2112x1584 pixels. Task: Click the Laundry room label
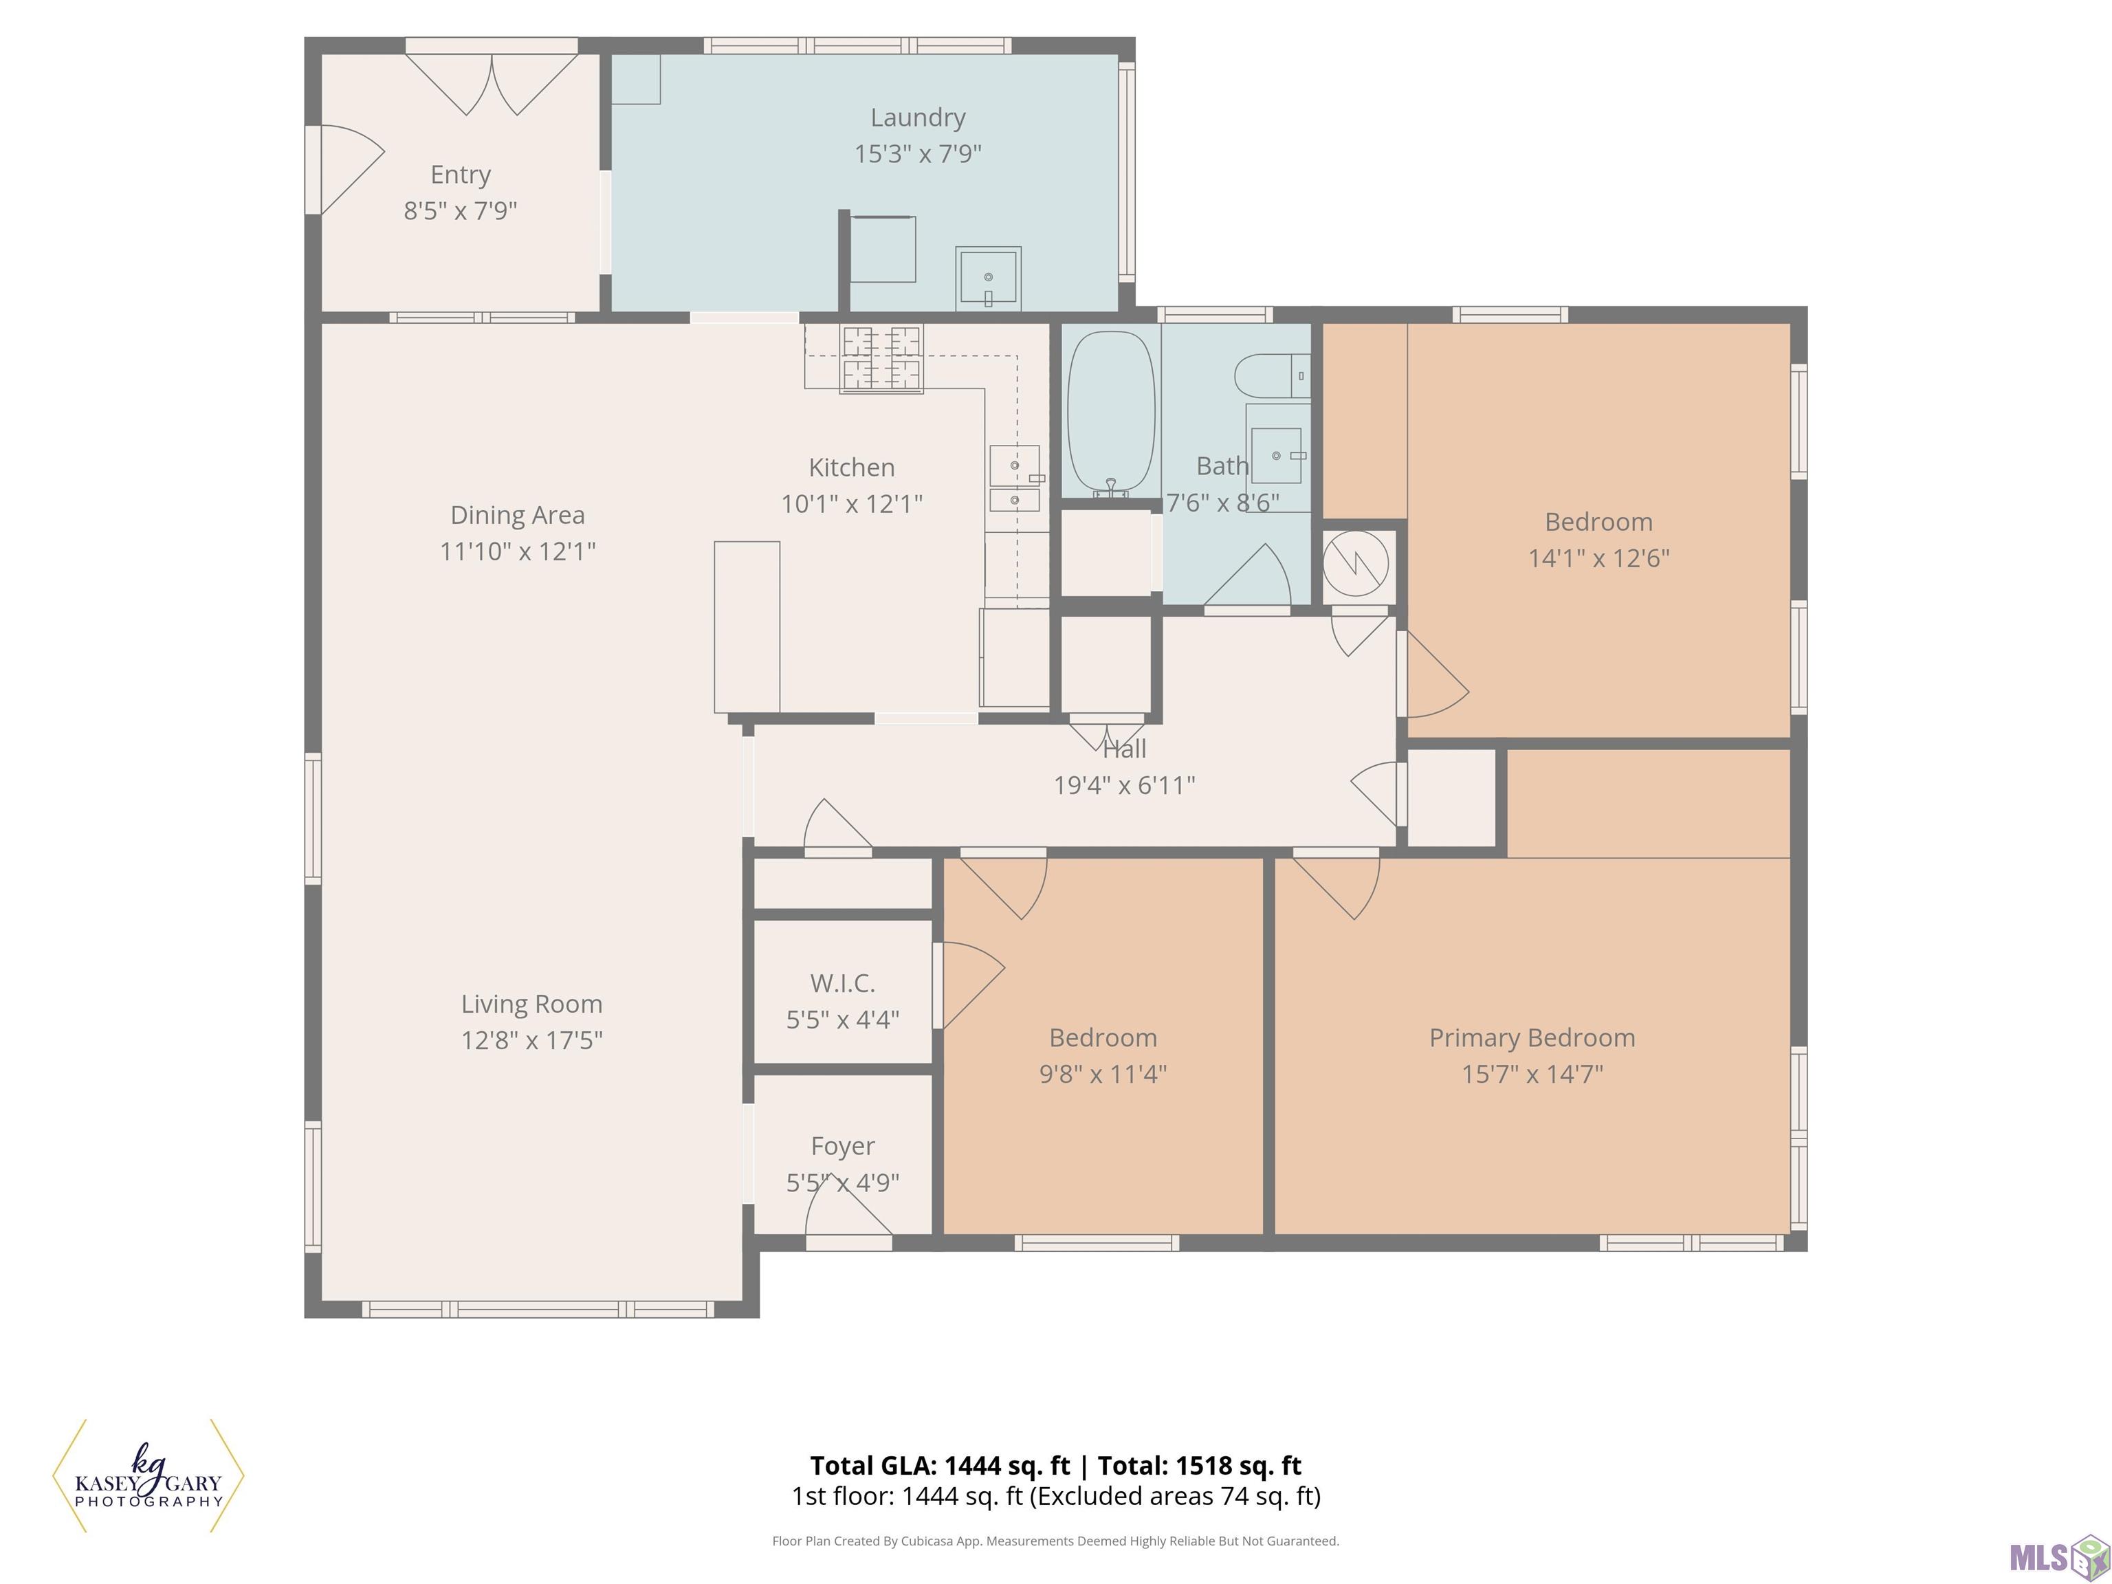tap(918, 118)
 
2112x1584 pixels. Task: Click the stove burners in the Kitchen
tap(881, 358)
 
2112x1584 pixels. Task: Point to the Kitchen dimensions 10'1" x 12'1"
tap(852, 503)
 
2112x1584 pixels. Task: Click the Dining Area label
tap(518, 516)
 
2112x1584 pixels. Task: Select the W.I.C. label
tap(842, 983)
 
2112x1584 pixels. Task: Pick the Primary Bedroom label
tap(1532, 1038)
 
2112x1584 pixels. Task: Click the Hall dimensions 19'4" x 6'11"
tap(1125, 785)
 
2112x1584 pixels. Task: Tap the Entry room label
tap(460, 175)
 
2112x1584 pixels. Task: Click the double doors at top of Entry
tap(492, 84)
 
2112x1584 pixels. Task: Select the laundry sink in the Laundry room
tap(988, 278)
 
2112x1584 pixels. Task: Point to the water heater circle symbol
tap(1355, 564)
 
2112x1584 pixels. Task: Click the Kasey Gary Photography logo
tap(148, 1475)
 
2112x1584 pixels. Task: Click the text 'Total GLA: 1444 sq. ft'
tap(940, 1466)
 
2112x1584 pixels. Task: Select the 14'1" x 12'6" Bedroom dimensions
tap(1599, 558)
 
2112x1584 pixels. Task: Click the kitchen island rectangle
tap(747, 627)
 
